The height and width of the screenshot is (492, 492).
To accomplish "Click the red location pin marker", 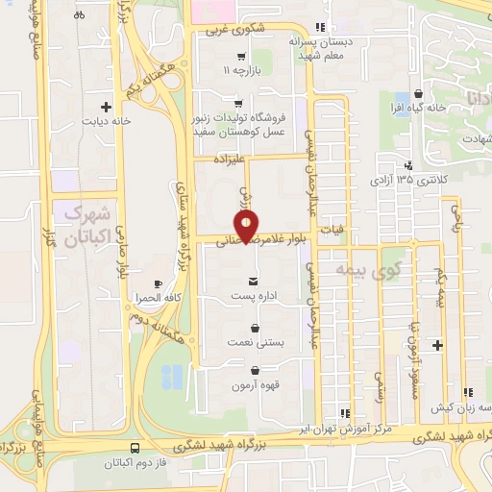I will click(248, 226).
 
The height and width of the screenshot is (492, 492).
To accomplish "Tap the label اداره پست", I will click(252, 296).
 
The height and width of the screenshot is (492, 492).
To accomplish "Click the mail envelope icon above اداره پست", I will click(252, 280).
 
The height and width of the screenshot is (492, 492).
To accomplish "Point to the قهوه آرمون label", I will click(254, 386).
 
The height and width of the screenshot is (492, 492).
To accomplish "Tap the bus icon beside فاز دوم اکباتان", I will click(134, 447).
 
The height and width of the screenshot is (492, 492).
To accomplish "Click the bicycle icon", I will click(79, 14).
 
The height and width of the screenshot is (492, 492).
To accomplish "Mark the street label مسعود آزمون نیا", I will click(411, 339).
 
